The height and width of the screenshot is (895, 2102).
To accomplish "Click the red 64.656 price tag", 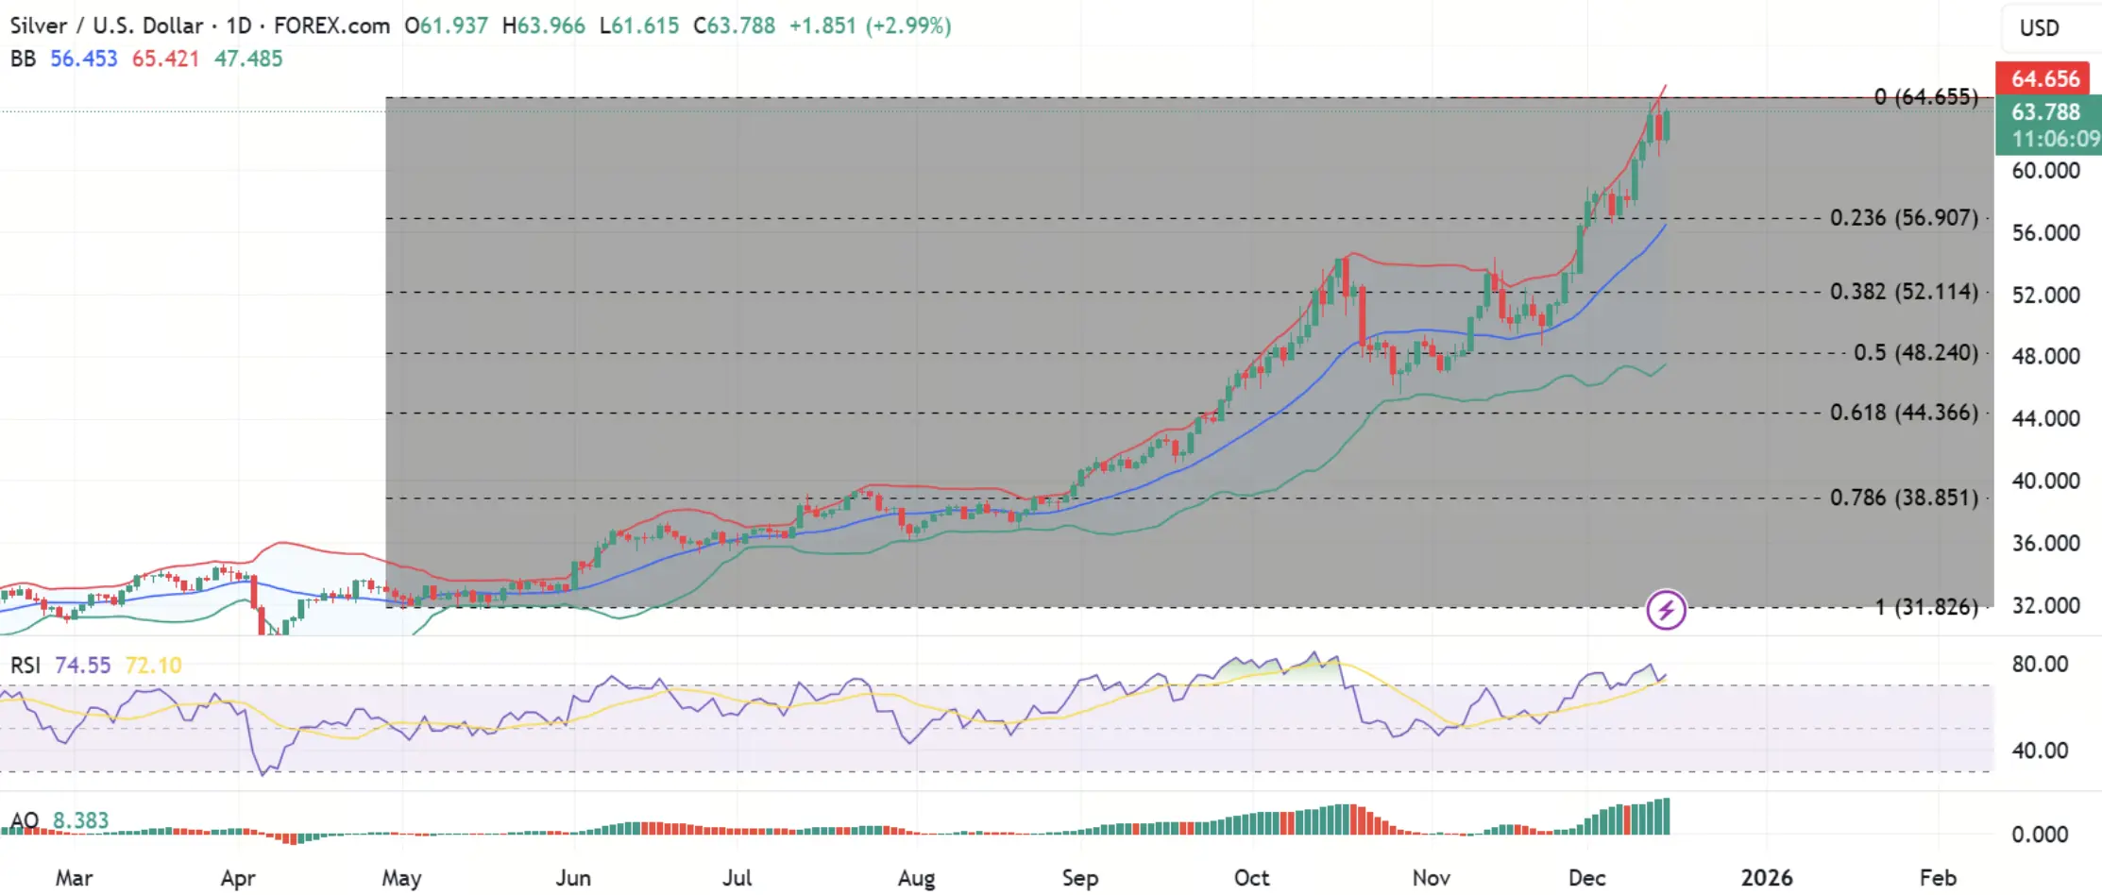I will pyautogui.click(x=2045, y=78).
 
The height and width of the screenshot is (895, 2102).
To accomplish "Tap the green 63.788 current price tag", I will pyautogui.click(x=2045, y=112).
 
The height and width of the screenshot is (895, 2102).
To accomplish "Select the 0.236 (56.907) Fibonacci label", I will pyautogui.click(x=1903, y=218).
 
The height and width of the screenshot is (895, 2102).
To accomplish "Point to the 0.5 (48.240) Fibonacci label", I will pyautogui.click(x=1915, y=353).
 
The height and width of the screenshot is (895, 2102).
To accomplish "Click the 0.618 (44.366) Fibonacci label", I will pyautogui.click(x=1903, y=413).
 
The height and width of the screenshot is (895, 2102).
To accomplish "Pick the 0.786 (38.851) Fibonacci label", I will pyautogui.click(x=1903, y=498).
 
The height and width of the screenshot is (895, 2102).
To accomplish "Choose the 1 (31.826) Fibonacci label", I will pyautogui.click(x=1926, y=607).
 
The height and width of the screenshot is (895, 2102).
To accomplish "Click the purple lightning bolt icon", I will pyautogui.click(x=1666, y=610).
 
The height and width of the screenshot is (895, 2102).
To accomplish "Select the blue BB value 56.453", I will pyautogui.click(x=83, y=59).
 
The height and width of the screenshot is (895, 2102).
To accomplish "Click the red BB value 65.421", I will pyautogui.click(x=165, y=59).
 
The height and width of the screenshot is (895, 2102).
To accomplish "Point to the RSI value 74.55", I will pyautogui.click(x=82, y=666).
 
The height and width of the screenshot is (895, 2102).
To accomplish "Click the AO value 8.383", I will pyautogui.click(x=80, y=820).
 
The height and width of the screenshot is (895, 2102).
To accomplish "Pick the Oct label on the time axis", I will pyautogui.click(x=1251, y=878).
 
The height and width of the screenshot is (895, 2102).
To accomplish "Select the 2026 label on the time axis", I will pyautogui.click(x=1766, y=878).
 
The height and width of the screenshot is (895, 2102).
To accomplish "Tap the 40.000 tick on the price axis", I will pyautogui.click(x=2045, y=481).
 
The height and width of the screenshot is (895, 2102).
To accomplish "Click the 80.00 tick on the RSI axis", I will pyautogui.click(x=2040, y=664).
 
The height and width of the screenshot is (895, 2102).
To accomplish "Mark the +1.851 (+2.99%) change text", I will pyautogui.click(x=870, y=25).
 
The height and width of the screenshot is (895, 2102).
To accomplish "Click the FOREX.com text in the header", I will pyautogui.click(x=331, y=25).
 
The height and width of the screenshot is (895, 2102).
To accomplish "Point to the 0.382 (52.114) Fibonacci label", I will pyautogui.click(x=1903, y=292).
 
